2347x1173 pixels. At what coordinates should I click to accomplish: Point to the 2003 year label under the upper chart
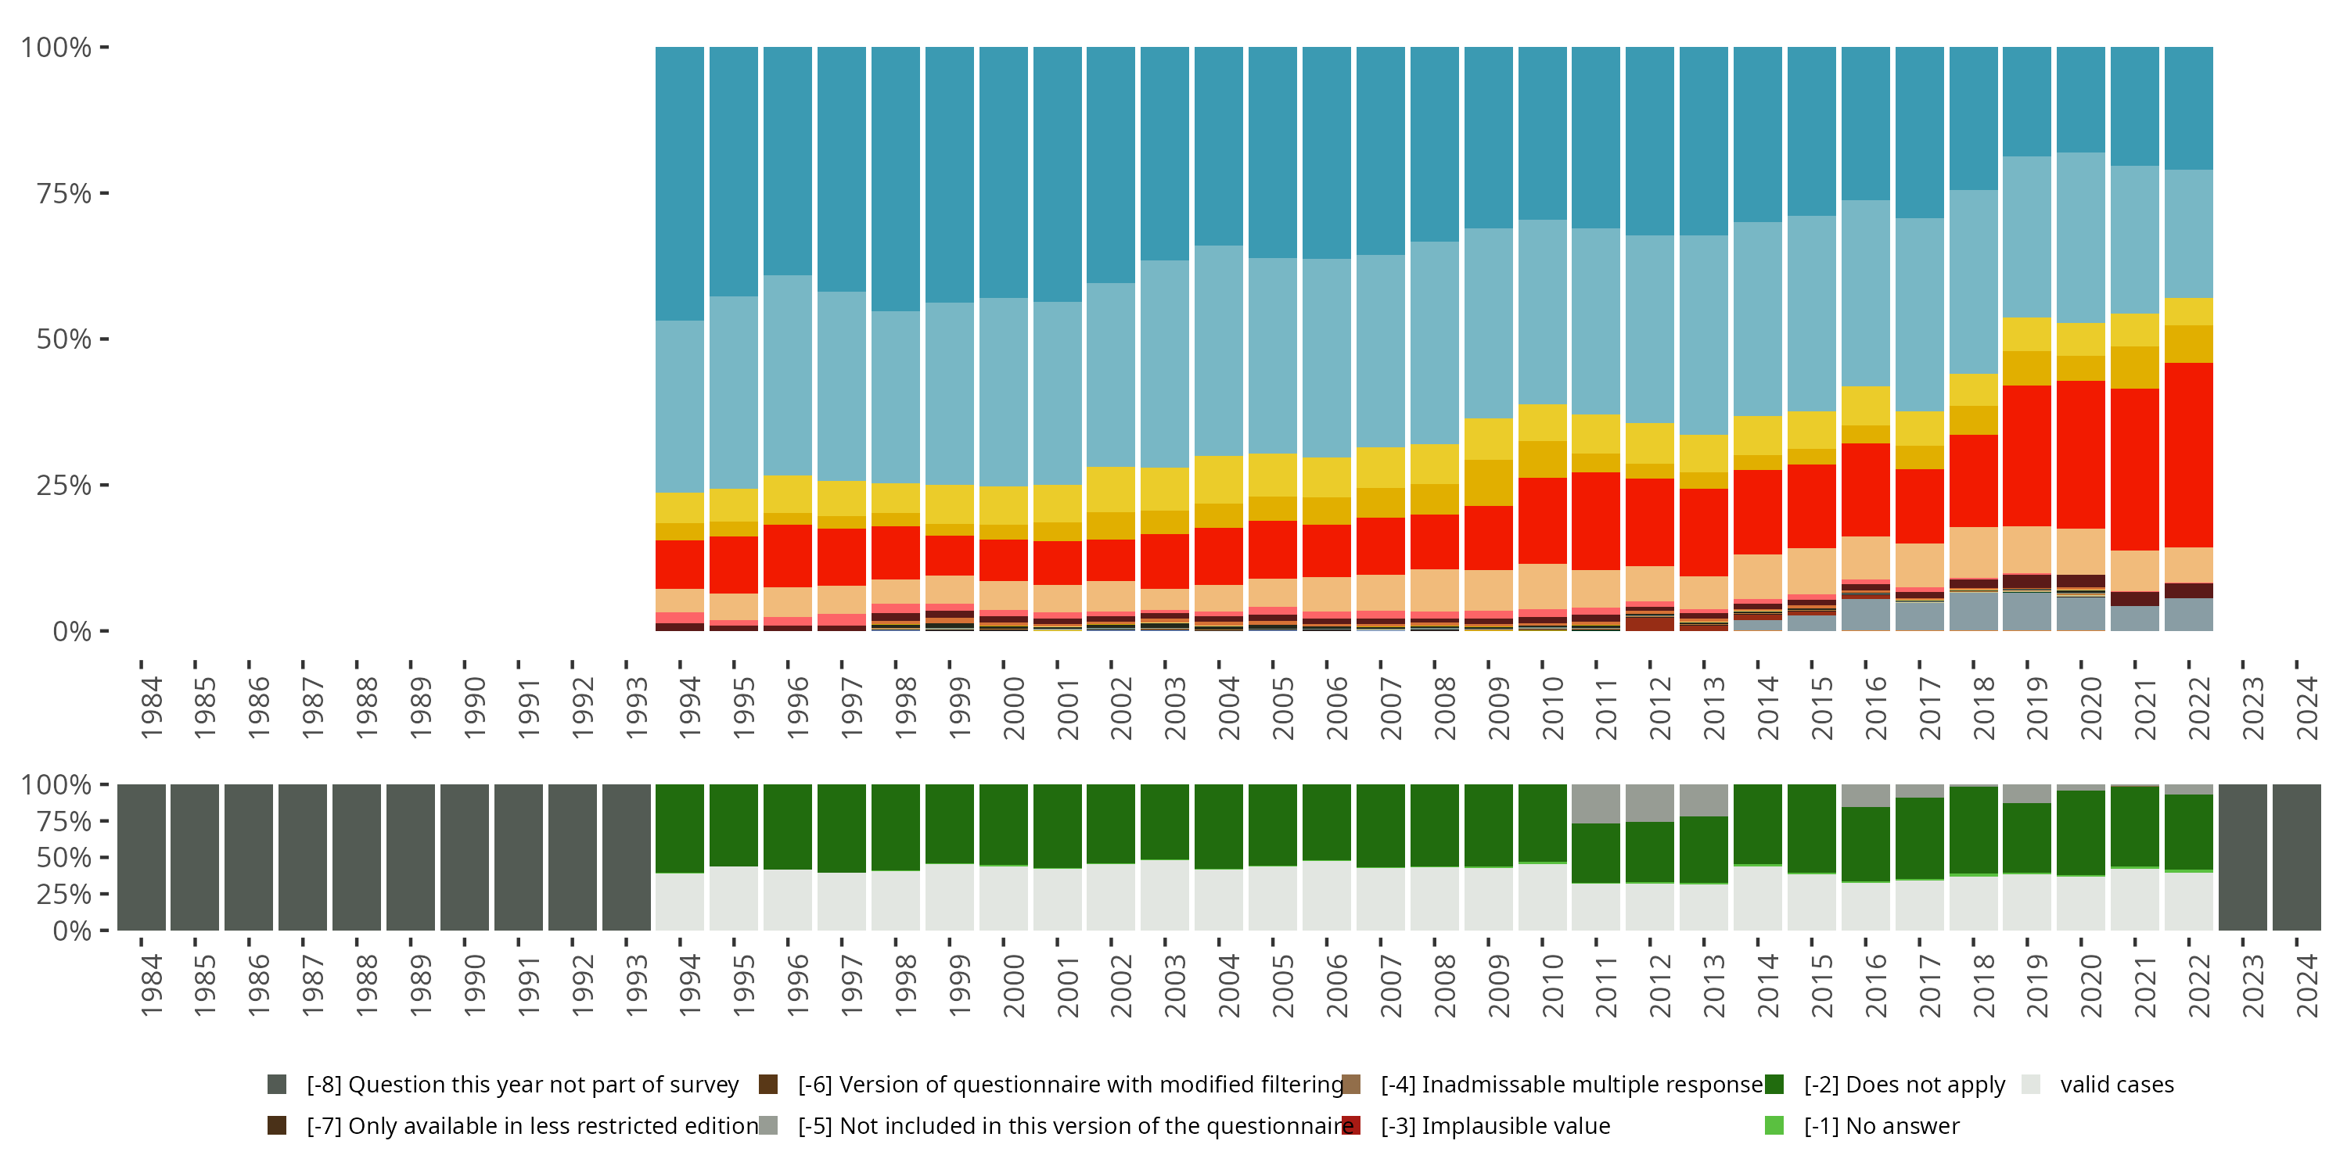1174,708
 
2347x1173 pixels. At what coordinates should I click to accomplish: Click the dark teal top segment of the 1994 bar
680,182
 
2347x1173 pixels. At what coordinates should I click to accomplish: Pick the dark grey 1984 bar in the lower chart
142,857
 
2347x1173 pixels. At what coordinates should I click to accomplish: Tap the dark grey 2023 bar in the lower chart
2242,857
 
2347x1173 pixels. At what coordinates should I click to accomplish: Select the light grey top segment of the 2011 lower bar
1595,803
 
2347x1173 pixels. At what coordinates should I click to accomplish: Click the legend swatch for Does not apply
1774,1084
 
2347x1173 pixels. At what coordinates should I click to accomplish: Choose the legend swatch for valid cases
2030,1084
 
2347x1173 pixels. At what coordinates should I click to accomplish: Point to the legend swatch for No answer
1774,1125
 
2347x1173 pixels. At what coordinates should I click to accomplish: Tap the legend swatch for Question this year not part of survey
277,1084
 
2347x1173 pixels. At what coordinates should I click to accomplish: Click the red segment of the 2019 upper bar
2026,455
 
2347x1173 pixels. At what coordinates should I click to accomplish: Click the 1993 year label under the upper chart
636,708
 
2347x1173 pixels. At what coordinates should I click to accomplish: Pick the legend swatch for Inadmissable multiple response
1351,1084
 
